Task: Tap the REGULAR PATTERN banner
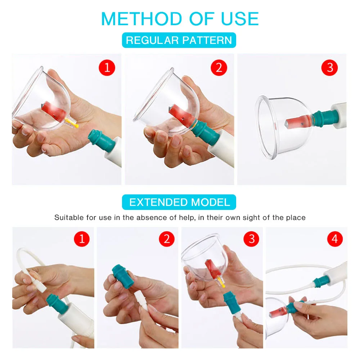pyautogui.click(x=179, y=40)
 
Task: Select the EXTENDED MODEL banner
pyautogui.click(x=179, y=202)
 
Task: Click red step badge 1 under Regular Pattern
pyautogui.click(x=107, y=67)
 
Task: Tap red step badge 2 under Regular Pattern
pyautogui.click(x=219, y=67)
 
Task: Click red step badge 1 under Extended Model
pyautogui.click(x=81, y=239)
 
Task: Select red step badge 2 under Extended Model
pyautogui.click(x=166, y=239)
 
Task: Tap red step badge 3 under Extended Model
pyautogui.click(x=251, y=239)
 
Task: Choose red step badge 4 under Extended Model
pyautogui.click(x=335, y=239)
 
